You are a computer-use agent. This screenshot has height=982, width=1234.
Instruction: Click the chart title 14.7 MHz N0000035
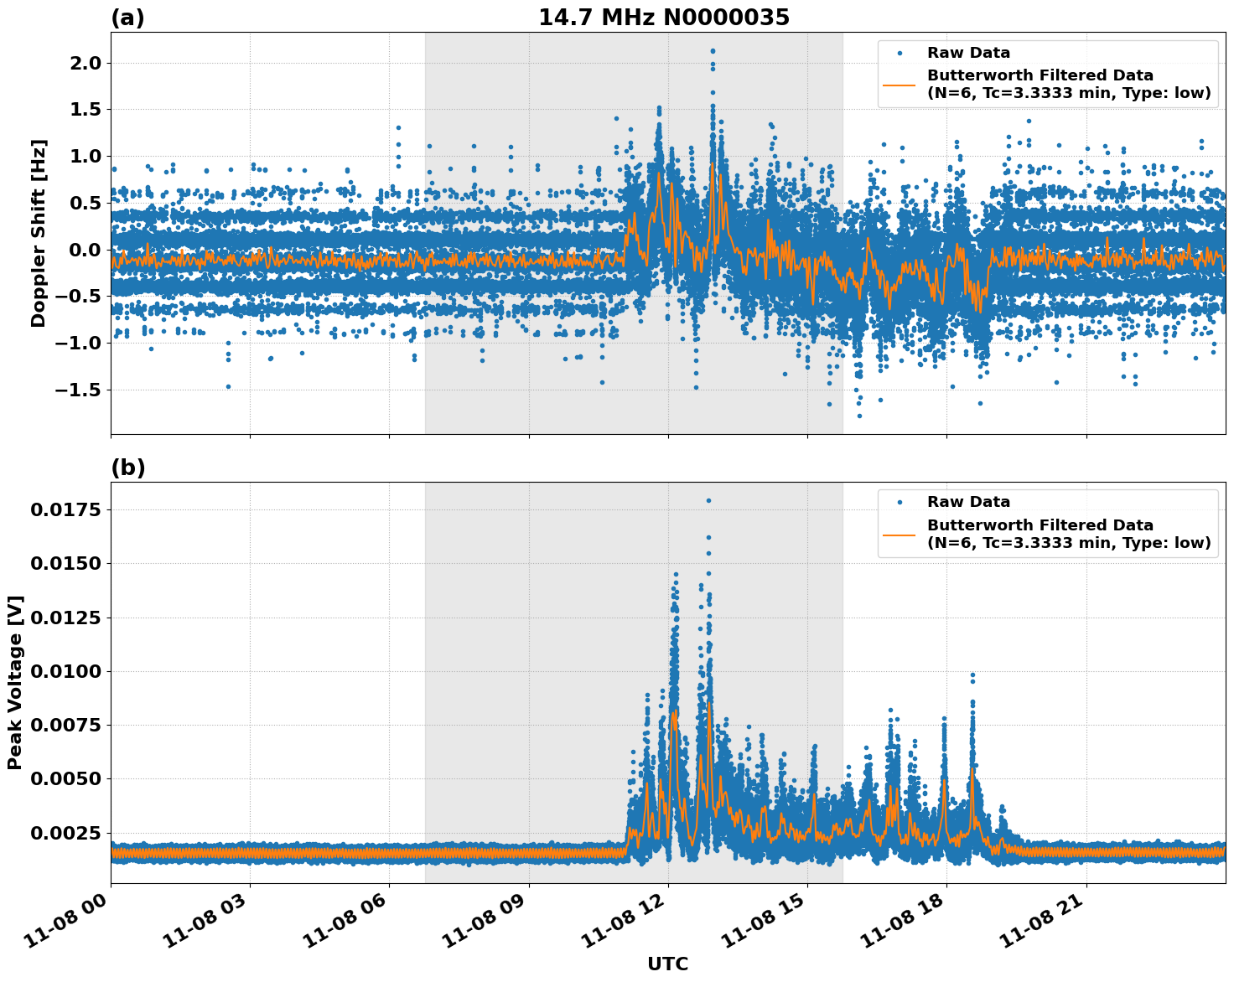663,18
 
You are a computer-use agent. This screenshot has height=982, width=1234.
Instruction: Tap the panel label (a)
127,18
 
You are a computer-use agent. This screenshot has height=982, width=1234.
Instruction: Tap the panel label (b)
128,468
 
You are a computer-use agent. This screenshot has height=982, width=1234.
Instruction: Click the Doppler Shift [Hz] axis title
39,233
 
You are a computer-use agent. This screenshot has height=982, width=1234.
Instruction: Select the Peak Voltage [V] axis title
15,682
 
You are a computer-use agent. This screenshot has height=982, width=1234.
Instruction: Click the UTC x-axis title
667,964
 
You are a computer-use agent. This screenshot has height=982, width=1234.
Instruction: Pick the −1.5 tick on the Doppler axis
76,390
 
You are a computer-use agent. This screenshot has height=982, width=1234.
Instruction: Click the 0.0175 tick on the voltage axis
66,510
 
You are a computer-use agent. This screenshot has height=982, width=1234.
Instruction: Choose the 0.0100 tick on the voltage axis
66,672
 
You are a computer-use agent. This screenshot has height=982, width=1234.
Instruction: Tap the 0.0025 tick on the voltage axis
66,833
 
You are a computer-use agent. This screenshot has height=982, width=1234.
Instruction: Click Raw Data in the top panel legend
968,53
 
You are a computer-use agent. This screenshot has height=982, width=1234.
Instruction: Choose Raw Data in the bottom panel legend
968,502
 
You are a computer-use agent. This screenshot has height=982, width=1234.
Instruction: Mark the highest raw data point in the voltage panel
708,500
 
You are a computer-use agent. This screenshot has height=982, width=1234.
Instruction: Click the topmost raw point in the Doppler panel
713,50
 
